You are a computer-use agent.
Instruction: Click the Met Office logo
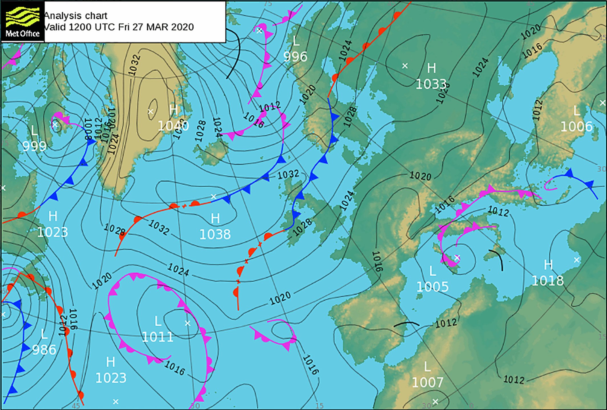point(23,22)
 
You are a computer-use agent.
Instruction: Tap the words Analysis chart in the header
point(76,15)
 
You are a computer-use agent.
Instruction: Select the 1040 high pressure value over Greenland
point(173,126)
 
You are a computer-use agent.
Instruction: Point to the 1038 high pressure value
point(215,234)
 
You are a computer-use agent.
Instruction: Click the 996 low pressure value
point(295,57)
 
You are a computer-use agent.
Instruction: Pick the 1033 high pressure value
point(431,84)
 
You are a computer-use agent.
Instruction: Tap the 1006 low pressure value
point(576,126)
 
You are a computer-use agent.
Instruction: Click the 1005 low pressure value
point(432,287)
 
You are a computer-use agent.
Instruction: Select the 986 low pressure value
point(44,350)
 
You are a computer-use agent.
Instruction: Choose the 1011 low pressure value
point(157,337)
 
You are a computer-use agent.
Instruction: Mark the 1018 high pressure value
point(547,281)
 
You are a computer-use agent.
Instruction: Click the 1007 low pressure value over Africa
point(427,382)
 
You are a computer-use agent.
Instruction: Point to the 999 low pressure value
point(34,146)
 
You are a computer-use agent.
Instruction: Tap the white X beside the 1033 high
point(405,66)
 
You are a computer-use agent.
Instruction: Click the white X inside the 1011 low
point(187,323)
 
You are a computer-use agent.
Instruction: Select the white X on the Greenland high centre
point(151,111)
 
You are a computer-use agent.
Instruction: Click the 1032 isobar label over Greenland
point(134,65)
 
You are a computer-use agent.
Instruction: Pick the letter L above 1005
point(432,271)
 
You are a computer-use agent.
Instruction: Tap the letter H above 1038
point(215,219)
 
